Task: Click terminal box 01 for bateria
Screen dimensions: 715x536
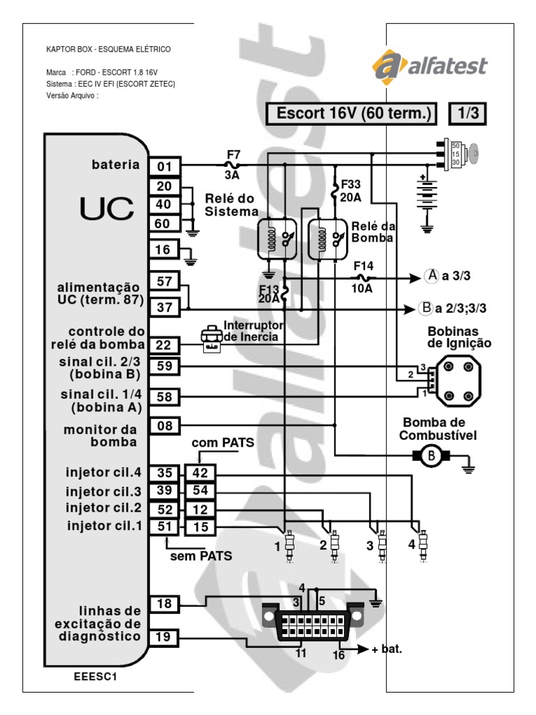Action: pyautogui.click(x=165, y=166)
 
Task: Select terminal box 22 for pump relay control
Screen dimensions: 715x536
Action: pyautogui.click(x=165, y=344)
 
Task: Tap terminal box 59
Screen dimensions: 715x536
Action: pyautogui.click(x=165, y=365)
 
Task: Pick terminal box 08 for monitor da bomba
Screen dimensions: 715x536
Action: pyautogui.click(x=165, y=425)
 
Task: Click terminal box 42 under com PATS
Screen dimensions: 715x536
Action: pyautogui.click(x=200, y=473)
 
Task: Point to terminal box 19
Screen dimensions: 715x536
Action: pyautogui.click(x=165, y=637)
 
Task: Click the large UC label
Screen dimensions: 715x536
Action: pyautogui.click(x=96, y=207)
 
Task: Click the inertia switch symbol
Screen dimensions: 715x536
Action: pyautogui.click(x=209, y=336)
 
